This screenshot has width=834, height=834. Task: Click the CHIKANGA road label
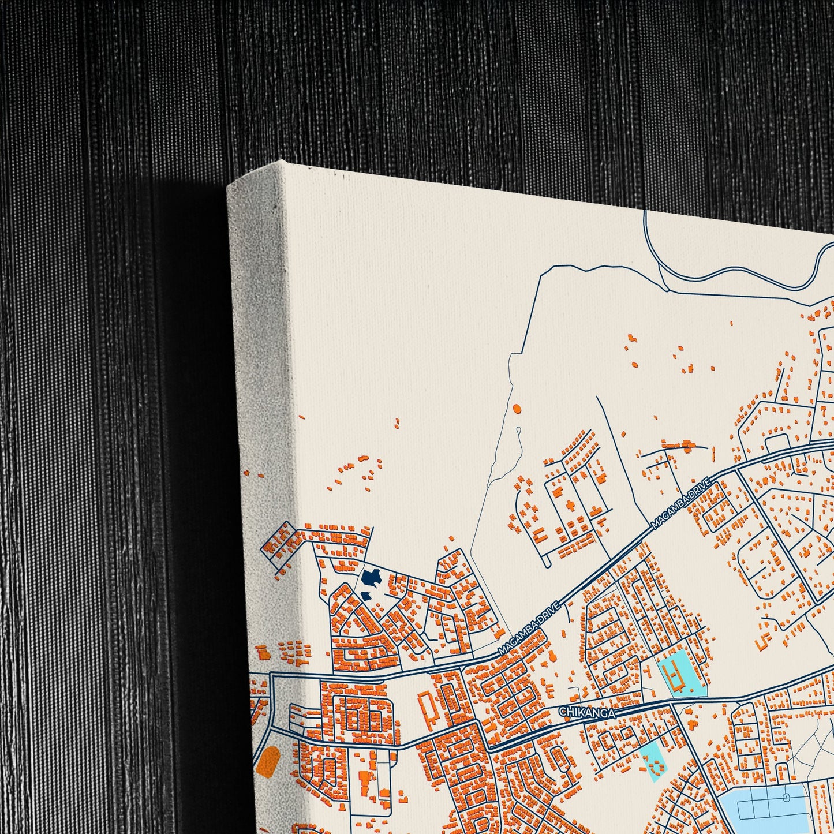click(x=586, y=711)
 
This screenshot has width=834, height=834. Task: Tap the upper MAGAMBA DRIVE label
click(x=679, y=503)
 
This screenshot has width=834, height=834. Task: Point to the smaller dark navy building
click(x=365, y=595)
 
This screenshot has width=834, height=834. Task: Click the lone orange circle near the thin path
click(x=516, y=409)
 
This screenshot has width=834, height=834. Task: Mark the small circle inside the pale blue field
click(x=786, y=798)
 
